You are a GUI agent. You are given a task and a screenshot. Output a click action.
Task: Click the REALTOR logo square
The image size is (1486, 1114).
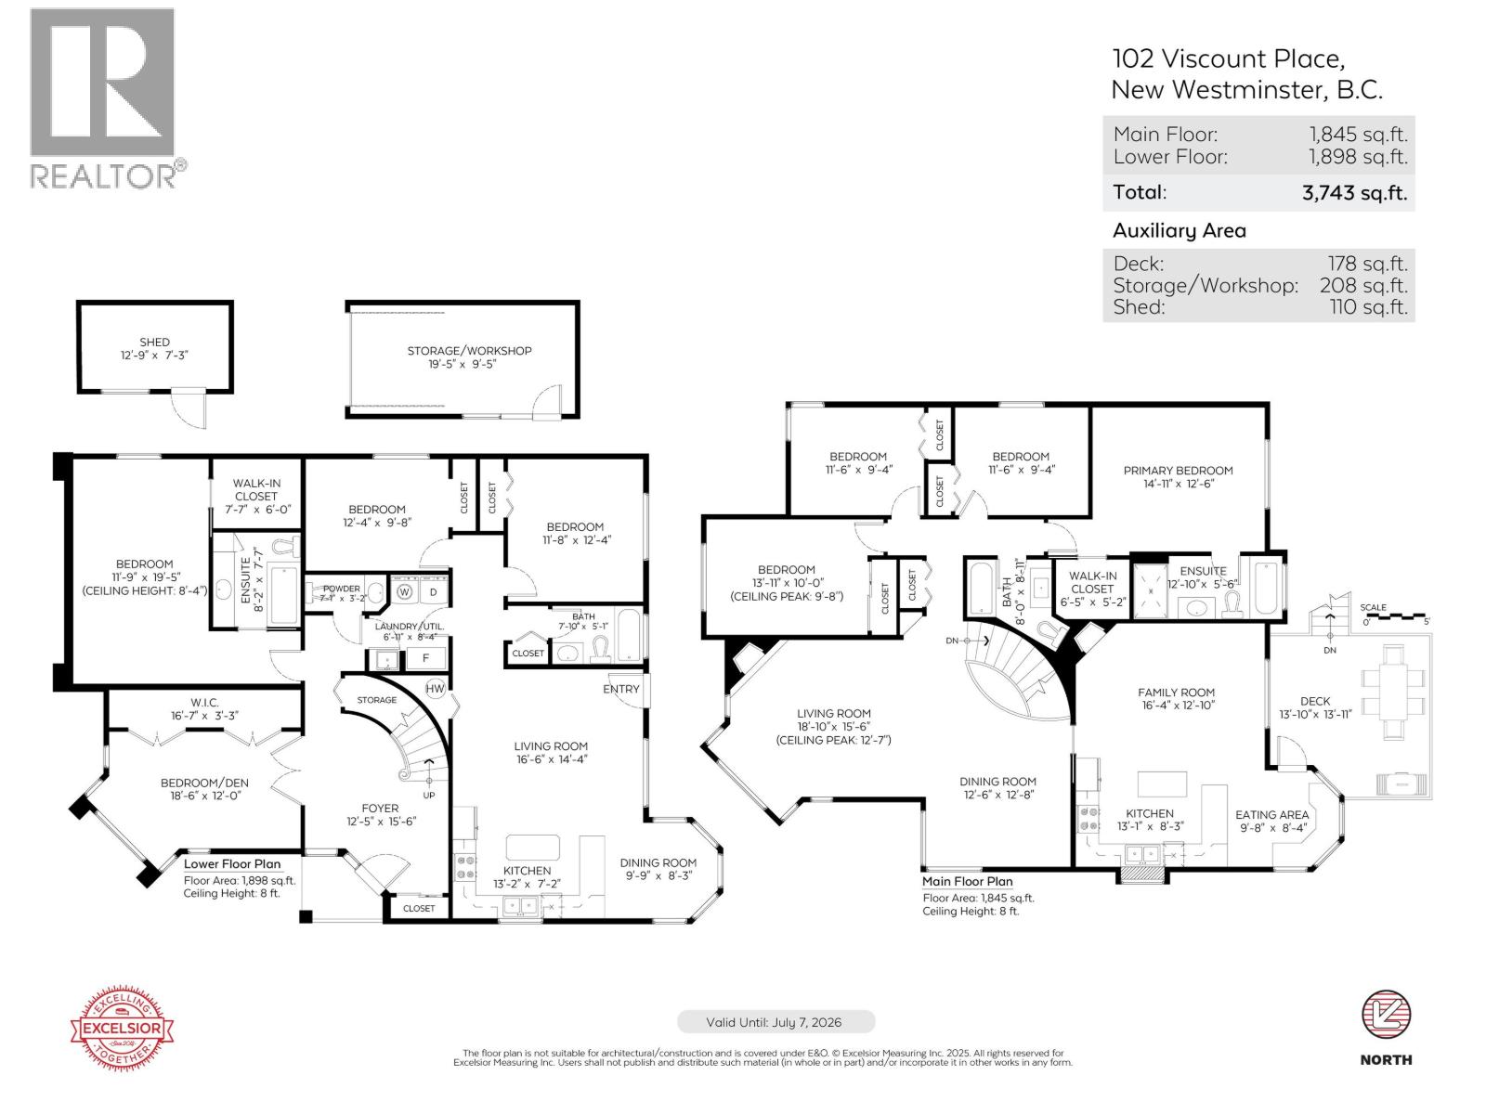[x=102, y=82]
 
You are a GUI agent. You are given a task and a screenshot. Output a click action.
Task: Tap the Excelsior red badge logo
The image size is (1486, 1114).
[x=124, y=1029]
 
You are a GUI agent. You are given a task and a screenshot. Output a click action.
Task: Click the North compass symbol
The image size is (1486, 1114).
[x=1386, y=1016]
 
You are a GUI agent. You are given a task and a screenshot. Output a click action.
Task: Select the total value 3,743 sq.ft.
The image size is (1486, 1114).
[x=1354, y=193]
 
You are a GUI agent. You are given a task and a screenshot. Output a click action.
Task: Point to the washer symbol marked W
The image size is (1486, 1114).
[x=405, y=591]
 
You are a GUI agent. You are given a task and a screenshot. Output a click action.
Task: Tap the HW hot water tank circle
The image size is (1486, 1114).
[x=435, y=689]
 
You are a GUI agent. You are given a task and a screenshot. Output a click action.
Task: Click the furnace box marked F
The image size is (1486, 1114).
[x=426, y=658]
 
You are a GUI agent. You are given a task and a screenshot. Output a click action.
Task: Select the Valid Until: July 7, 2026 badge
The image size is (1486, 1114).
[x=774, y=1022]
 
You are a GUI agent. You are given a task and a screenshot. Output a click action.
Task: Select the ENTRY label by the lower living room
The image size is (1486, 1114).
[x=620, y=689]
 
